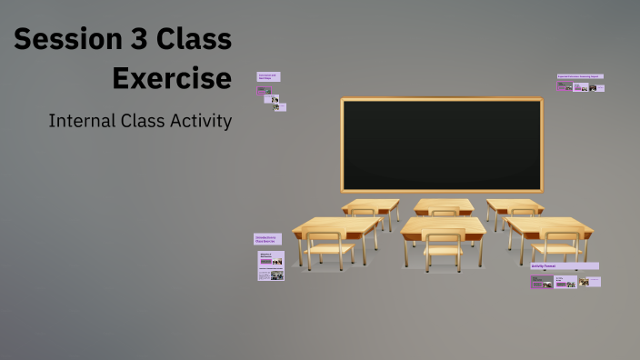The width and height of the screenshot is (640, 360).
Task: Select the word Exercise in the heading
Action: coord(172,78)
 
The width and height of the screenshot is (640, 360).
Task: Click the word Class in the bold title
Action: coord(193,40)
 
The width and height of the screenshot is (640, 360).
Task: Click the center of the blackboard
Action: coord(442,144)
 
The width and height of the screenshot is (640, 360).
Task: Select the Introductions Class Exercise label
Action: coord(267,239)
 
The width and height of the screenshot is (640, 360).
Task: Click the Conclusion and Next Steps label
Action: coord(268,77)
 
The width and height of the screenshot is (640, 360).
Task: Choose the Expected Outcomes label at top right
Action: coord(580,77)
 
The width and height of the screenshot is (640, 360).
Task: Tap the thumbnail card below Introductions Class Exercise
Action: coord(271,266)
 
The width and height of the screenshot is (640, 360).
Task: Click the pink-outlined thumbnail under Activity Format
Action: coord(541,282)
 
